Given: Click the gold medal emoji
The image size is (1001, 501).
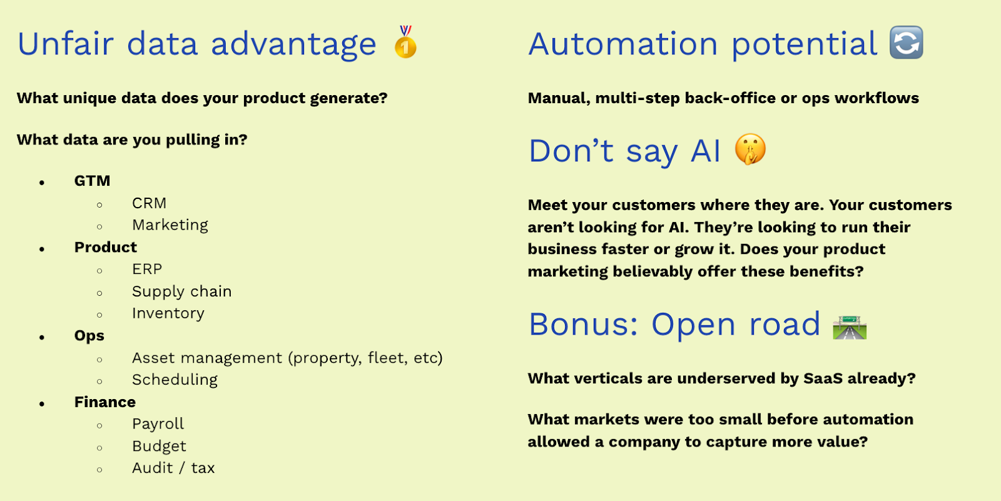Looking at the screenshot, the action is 405,42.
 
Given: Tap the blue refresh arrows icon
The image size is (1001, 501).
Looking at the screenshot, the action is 907,43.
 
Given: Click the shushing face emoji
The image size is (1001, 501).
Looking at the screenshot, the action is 750,149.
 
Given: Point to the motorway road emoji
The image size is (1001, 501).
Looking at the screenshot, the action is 850,327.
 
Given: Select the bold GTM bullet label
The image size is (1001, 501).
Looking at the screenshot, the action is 92,181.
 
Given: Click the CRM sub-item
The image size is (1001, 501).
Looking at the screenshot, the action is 150,203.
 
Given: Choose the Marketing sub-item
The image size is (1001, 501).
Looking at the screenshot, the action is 170,225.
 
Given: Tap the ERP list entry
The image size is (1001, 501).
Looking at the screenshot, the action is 147,269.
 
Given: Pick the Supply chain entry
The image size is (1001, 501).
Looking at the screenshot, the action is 182,292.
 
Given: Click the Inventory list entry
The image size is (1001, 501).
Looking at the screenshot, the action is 168,313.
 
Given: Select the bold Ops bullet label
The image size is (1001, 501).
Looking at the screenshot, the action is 89,336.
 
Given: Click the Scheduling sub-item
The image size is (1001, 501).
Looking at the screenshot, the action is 175,380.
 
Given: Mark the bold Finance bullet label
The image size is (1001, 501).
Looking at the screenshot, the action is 105,402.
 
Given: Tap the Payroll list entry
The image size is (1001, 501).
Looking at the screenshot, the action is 158,424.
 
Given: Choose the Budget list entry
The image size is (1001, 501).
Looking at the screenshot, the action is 159,446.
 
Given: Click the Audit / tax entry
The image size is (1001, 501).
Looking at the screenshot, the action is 173,468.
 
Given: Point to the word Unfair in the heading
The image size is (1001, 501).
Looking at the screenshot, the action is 65,43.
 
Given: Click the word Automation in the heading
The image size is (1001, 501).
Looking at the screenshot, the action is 623,43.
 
